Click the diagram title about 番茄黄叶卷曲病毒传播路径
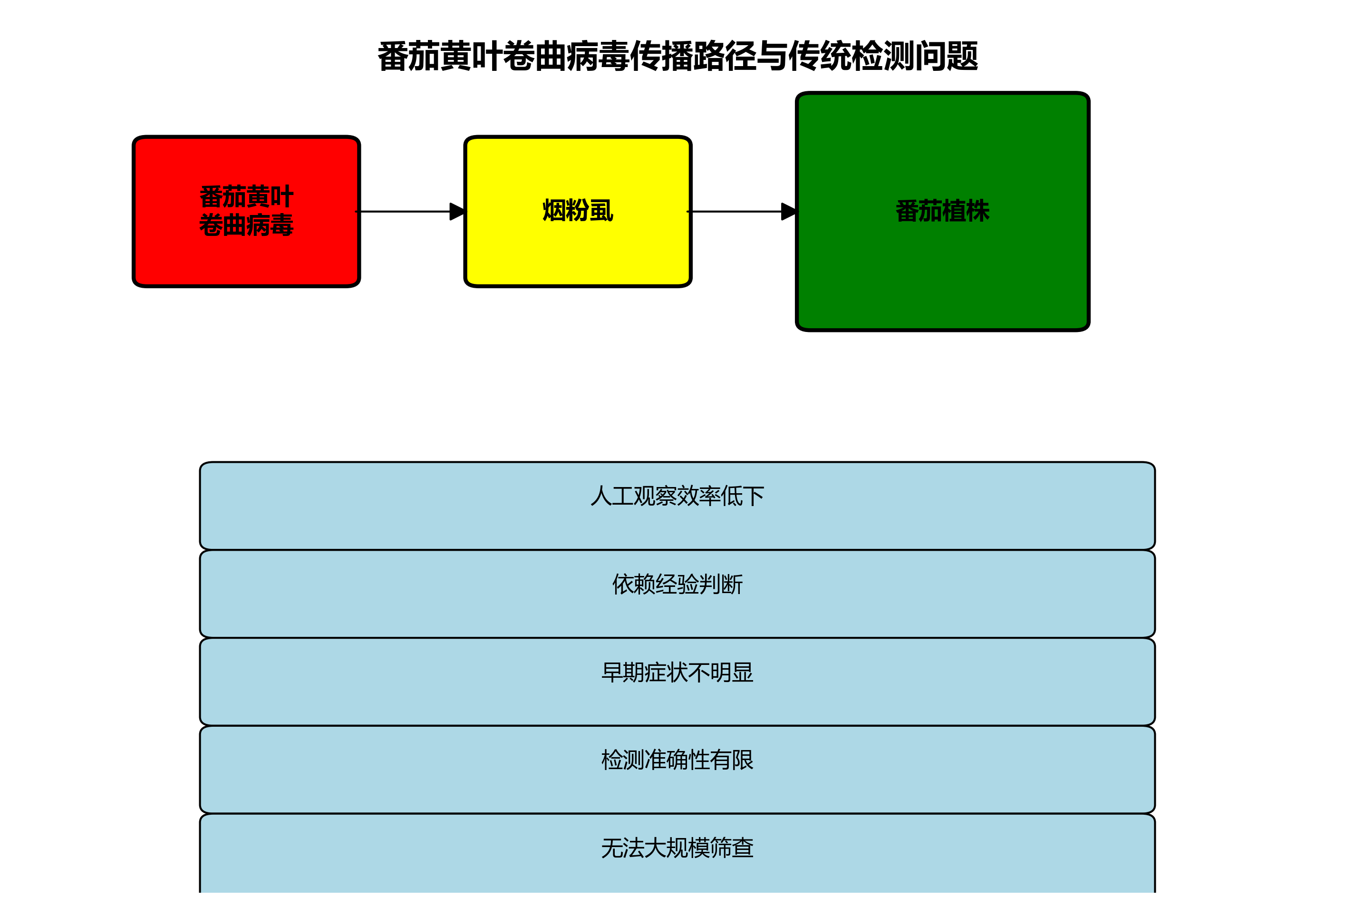[x=677, y=57]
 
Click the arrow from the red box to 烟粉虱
[x=405, y=212]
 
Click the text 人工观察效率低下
[x=677, y=496]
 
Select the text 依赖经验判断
[x=677, y=584]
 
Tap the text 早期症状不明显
[x=677, y=672]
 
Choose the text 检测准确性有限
[x=677, y=760]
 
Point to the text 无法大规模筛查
[x=677, y=848]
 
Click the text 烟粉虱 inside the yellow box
[x=578, y=211]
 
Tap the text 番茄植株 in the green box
[x=942, y=211]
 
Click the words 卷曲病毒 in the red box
[x=246, y=225]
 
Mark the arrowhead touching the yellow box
[x=457, y=212]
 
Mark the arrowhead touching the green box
[x=788, y=212]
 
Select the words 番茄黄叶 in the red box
[x=246, y=197]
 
